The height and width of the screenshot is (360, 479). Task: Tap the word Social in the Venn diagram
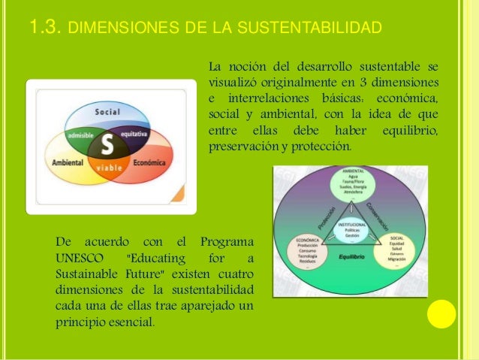tap(107, 112)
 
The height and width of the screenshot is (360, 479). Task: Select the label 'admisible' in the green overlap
tap(80, 135)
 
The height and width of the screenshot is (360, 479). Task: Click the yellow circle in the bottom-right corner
tap(441, 313)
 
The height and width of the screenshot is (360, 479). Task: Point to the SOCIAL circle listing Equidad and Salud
tap(397, 252)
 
